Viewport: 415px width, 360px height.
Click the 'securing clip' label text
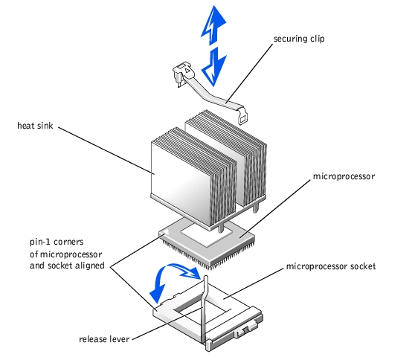click(299, 39)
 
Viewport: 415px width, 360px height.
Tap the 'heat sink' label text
click(35, 126)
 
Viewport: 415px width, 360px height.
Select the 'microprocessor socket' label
click(331, 266)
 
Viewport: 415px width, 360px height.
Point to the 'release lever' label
click(104, 339)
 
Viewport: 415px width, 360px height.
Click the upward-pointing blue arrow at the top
click(213, 25)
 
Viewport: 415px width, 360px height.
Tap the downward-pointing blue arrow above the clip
click(214, 67)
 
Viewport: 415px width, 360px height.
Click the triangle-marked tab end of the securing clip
click(182, 71)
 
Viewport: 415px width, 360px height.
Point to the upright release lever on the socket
click(205, 309)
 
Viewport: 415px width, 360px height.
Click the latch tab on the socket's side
click(247, 330)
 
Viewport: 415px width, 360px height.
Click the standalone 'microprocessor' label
click(344, 176)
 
